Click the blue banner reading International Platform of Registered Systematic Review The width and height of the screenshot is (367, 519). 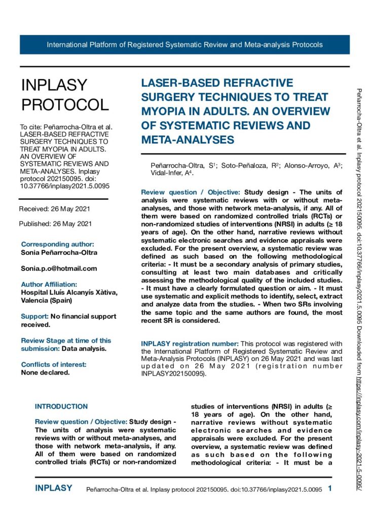click(185, 45)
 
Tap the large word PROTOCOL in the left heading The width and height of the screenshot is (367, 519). click(64, 104)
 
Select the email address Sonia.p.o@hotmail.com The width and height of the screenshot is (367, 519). click(59, 268)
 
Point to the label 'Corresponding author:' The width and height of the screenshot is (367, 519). click(57, 244)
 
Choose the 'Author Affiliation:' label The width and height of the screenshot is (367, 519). click(49, 284)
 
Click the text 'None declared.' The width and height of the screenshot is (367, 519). click(45, 358)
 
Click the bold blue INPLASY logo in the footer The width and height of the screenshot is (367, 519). click(53, 489)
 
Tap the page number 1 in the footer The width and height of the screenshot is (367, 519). click(330, 489)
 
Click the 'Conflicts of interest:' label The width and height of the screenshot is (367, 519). click(54, 350)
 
